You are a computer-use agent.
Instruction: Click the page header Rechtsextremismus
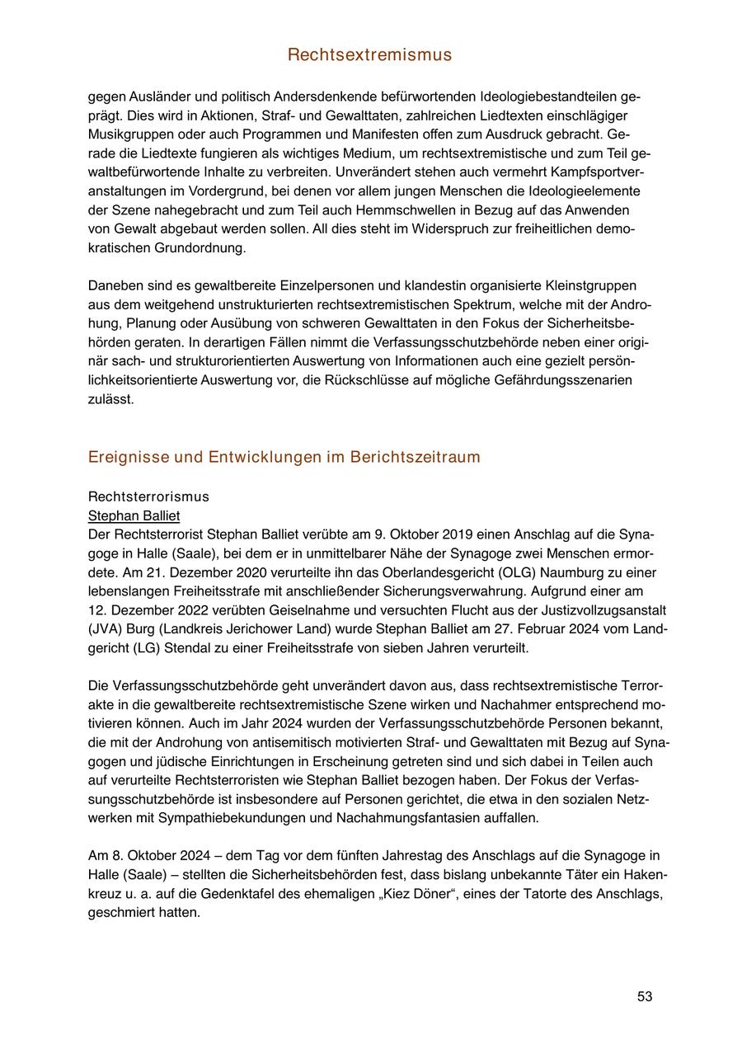pyautogui.click(x=369, y=55)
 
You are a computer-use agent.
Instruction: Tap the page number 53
pyautogui.click(x=645, y=996)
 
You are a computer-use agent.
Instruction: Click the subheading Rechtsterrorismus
pyautogui.click(x=148, y=496)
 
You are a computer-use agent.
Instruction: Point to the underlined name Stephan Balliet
pyautogui.click(x=134, y=515)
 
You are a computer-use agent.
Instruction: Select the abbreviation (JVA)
pyautogui.click(x=105, y=629)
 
